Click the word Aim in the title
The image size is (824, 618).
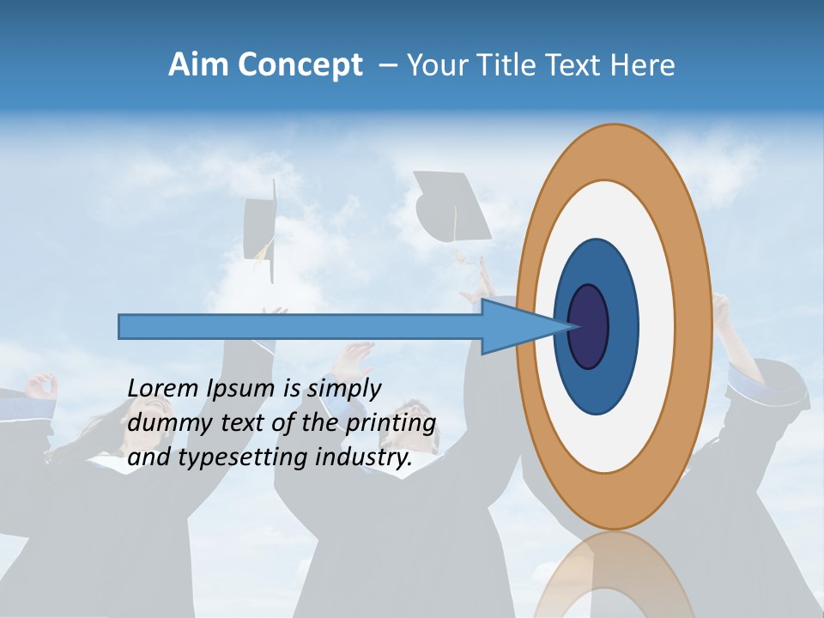point(197,65)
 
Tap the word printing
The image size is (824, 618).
point(389,424)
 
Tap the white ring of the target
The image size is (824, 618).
point(657,326)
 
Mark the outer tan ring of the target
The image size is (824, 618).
point(697,326)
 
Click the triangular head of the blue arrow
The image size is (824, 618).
point(515,326)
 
